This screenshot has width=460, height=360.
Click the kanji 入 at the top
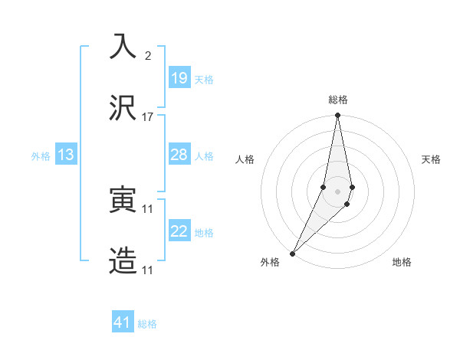[123, 46]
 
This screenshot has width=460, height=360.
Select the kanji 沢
[123, 108]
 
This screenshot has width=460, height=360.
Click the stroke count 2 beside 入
[148, 56]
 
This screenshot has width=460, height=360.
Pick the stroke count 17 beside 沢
[148, 117]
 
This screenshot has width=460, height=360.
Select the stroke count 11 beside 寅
[148, 209]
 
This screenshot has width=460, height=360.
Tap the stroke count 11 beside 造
[148, 271]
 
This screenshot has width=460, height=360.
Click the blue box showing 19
[179, 78]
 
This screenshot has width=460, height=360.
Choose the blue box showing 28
[179, 155]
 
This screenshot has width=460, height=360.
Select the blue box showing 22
[179, 231]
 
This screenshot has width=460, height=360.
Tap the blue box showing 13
[65, 155]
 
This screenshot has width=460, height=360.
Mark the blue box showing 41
[123, 322]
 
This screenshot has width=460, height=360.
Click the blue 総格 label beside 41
[147, 324]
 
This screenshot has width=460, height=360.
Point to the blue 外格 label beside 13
[41, 156]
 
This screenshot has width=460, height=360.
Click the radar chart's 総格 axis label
[338, 100]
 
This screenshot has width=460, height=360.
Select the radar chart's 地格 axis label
[402, 262]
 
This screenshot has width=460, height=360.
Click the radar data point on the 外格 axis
[293, 253]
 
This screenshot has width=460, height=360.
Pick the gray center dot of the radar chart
[338, 191]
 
